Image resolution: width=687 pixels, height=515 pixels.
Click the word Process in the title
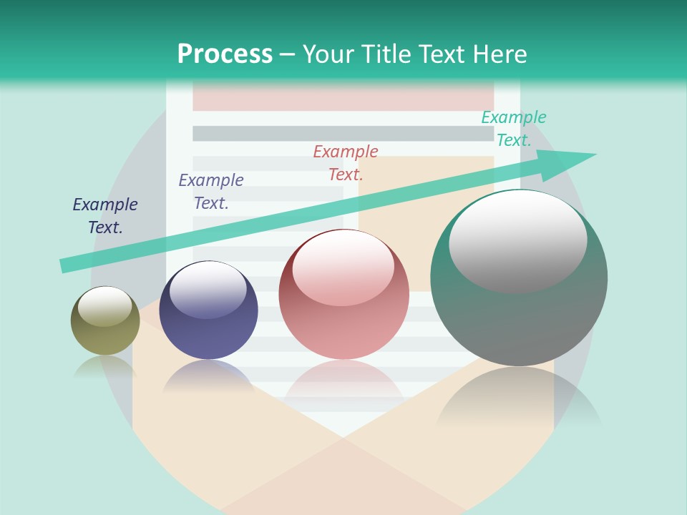(225, 54)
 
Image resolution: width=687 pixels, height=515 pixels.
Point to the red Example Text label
(346, 163)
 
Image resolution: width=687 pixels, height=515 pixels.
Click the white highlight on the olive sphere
(104, 306)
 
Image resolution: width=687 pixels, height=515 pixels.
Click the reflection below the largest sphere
(519, 401)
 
